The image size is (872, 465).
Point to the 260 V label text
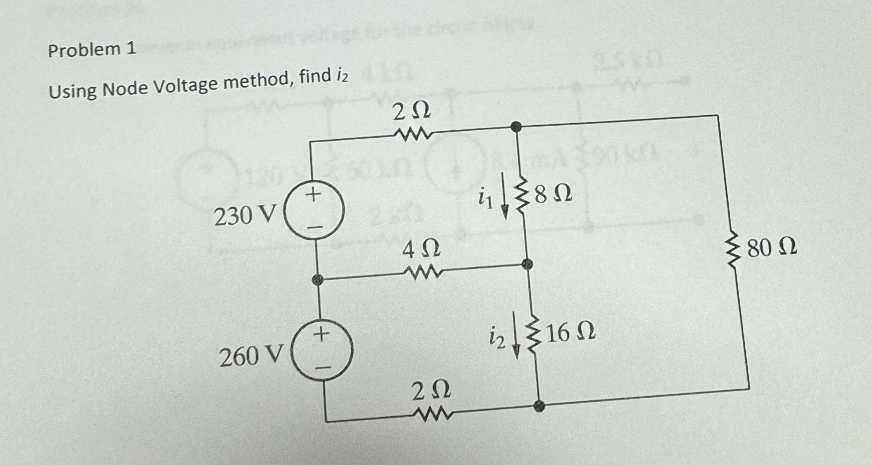pos(251,356)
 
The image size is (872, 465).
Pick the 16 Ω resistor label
pos(570,333)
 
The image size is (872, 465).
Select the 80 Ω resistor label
pos(772,247)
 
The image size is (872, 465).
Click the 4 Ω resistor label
pos(421,249)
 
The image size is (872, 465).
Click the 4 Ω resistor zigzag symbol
pos(422,273)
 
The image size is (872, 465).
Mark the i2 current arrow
pos(517,341)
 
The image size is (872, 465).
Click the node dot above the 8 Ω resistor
pos(516,127)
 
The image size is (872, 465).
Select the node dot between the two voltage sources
pos(317,280)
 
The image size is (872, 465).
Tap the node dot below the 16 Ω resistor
pos(538,406)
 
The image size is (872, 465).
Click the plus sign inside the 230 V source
pos(313,194)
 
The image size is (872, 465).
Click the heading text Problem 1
pos(92,49)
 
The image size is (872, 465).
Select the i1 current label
pos(485,198)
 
